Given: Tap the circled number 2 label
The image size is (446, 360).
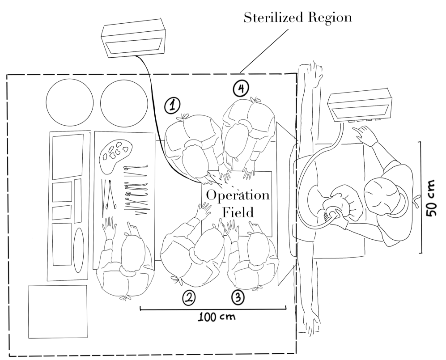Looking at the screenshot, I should pos(188,297).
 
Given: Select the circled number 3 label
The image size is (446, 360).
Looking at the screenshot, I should pos(238,297).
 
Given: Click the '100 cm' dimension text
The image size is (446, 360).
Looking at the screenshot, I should pos(217,317).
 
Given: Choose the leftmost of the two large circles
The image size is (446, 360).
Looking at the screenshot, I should pos(70,101).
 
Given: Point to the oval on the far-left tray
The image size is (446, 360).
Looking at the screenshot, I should pos(79,250).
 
